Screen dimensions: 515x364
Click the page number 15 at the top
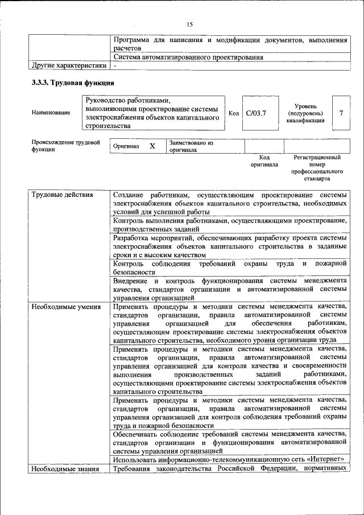point(190,23)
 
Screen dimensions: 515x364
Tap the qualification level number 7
point(341,113)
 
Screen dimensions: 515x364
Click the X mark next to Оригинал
point(152,146)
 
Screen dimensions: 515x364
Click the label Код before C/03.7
point(233,113)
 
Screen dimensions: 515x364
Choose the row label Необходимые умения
point(66,307)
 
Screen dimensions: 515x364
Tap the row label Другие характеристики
point(68,66)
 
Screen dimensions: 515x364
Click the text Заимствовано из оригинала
point(191,146)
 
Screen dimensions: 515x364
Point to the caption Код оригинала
point(264,160)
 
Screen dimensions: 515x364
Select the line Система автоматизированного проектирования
point(188,57)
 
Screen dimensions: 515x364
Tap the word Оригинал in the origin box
point(126,146)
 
